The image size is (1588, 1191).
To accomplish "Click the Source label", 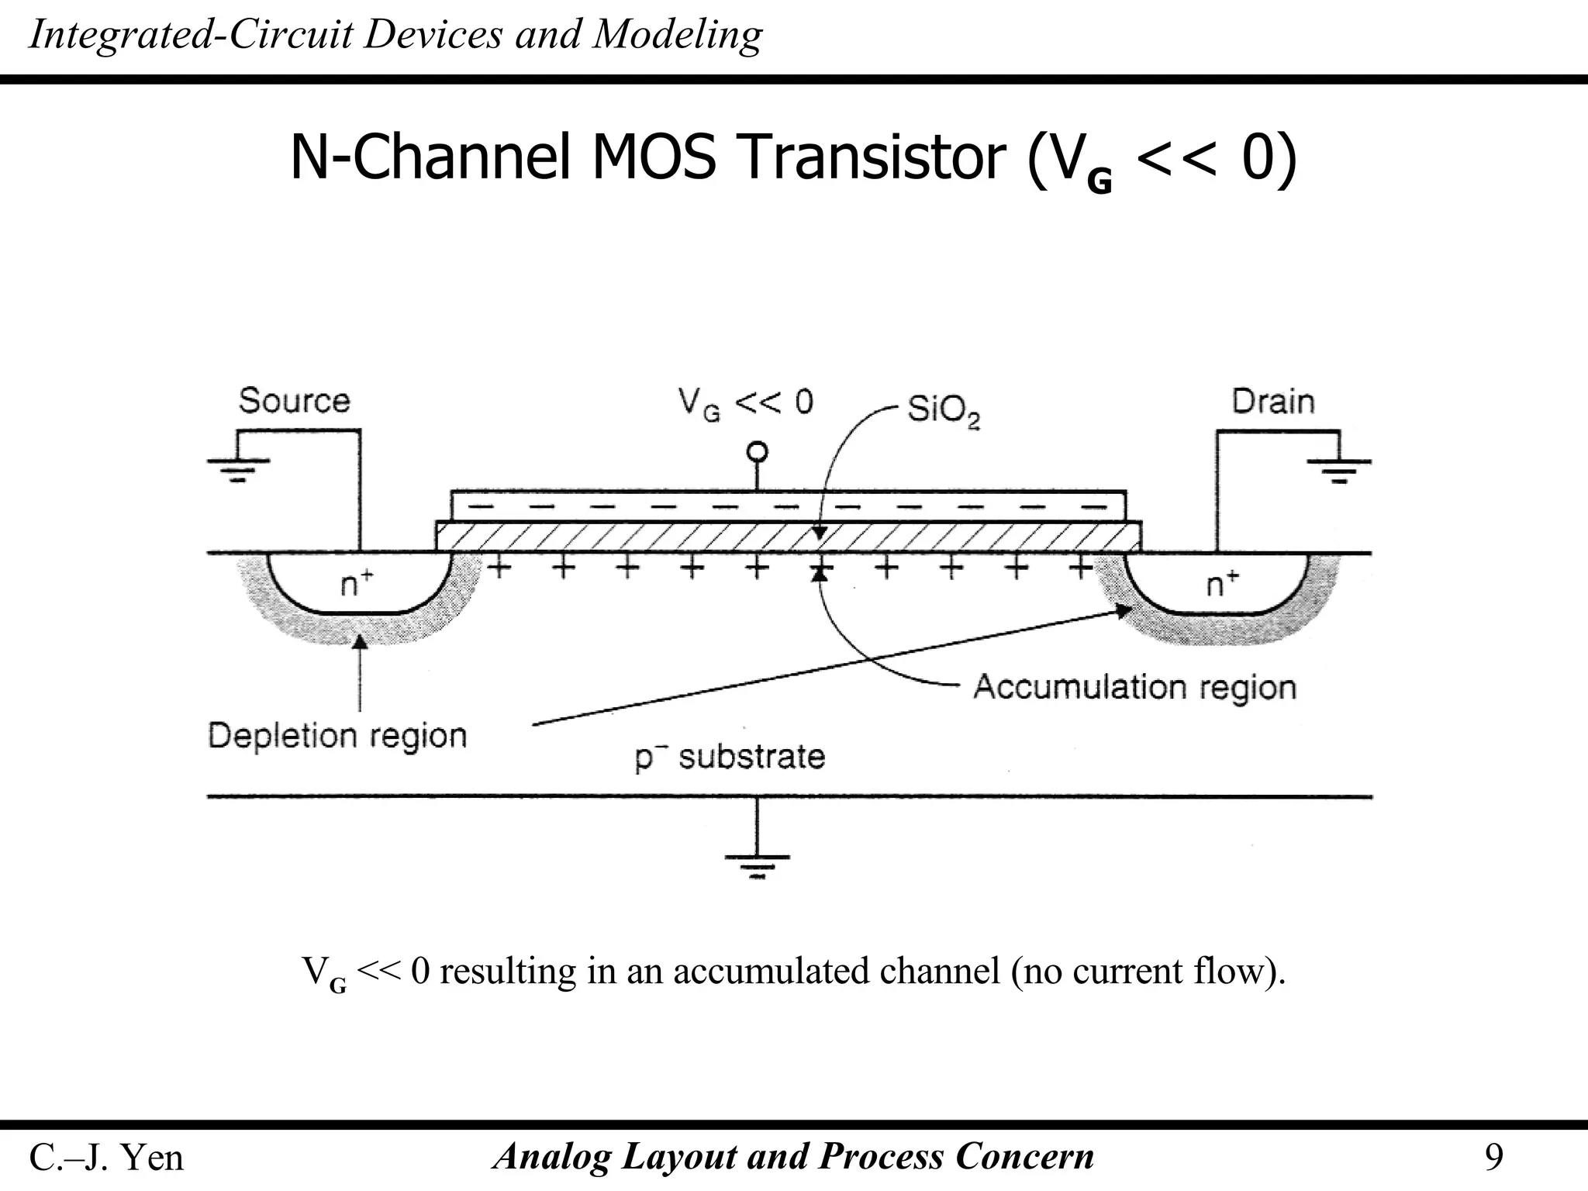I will [294, 401].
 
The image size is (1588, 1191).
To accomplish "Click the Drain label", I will [1272, 402].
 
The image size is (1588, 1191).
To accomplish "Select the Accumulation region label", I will [1134, 687].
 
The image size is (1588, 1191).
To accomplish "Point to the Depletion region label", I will [337, 735].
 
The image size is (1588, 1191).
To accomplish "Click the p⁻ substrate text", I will [730, 756].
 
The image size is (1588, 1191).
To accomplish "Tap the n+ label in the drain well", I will [1223, 583].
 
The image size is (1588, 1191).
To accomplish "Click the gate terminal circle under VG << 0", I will [757, 452].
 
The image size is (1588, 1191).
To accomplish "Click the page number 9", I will [1493, 1157].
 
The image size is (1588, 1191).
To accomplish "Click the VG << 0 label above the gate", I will [745, 402].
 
